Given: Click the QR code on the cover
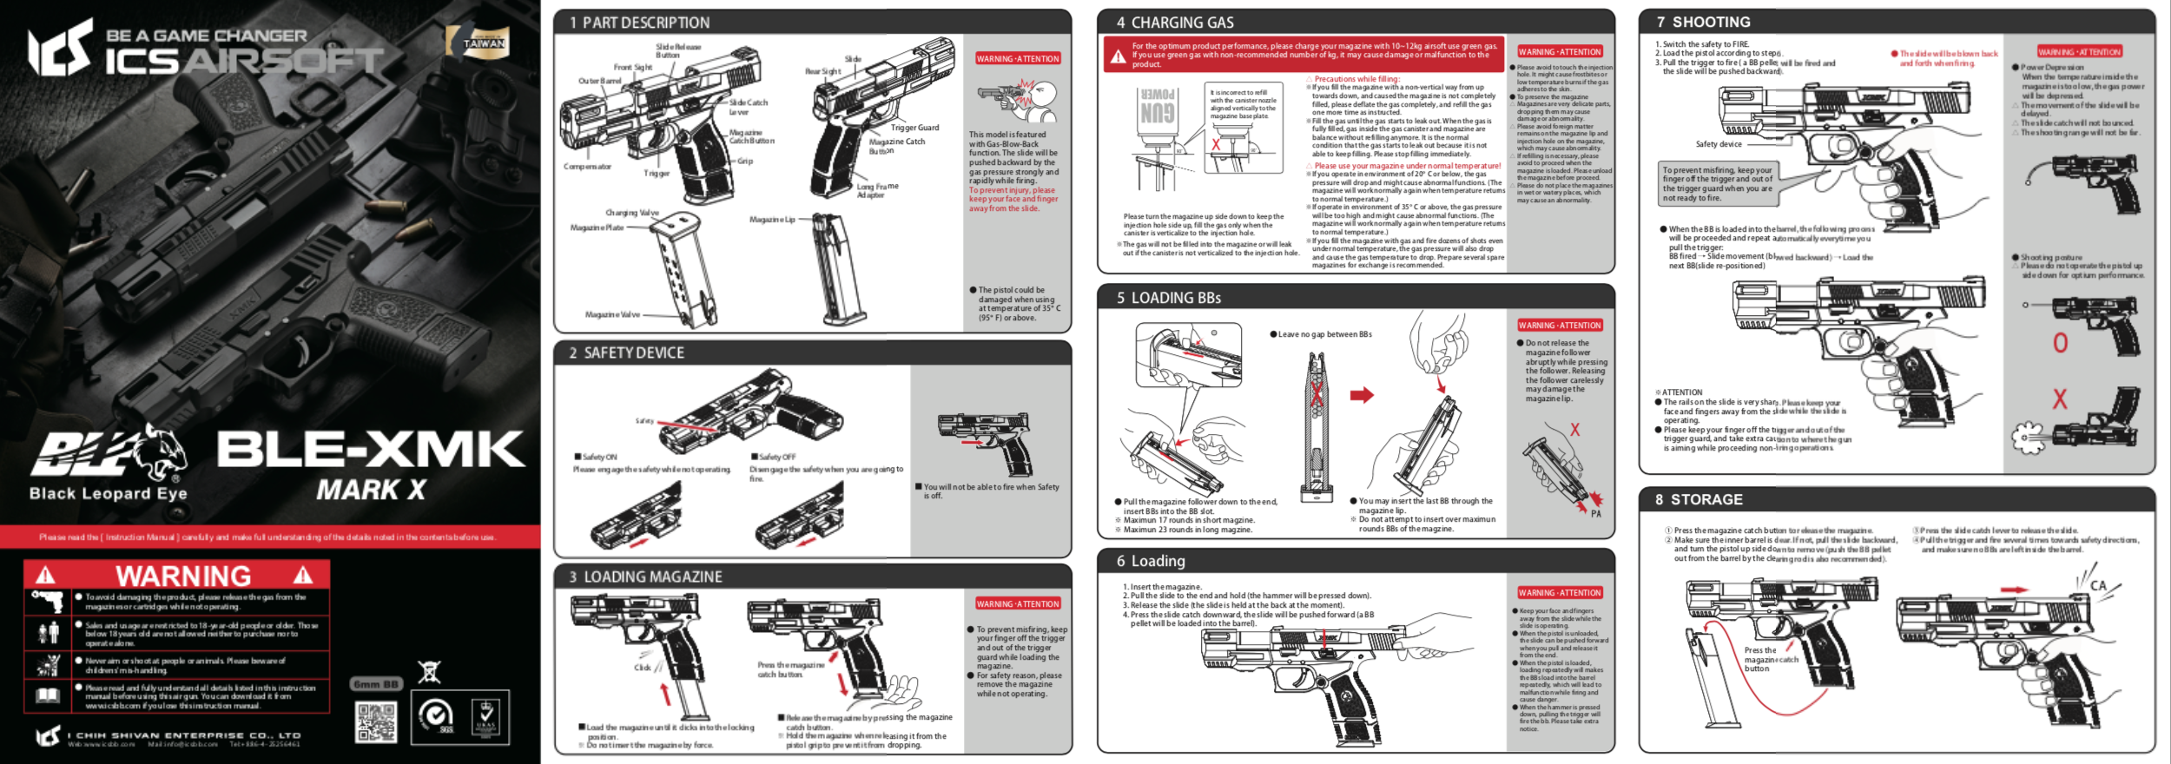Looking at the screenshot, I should coord(376,722).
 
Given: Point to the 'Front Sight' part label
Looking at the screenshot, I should coord(632,67).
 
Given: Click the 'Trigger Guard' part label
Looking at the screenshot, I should coord(914,128).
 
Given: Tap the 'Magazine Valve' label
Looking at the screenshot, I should coord(612,314).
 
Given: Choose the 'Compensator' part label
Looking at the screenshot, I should coord(587,167).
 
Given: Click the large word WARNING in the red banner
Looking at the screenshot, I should coord(183,576).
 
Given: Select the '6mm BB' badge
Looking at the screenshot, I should coord(377,684).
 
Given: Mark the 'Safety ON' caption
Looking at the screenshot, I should coord(599,457).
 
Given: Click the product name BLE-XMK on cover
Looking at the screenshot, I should coord(370,449).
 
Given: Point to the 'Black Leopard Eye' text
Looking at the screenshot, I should coord(109,493).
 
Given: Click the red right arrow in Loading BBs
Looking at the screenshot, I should coord(1362,395).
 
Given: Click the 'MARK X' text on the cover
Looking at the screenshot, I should coord(371,491).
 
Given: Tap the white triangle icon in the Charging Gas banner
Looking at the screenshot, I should coord(1118,56).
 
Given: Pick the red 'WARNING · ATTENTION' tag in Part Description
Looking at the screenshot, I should coord(1017,59).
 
